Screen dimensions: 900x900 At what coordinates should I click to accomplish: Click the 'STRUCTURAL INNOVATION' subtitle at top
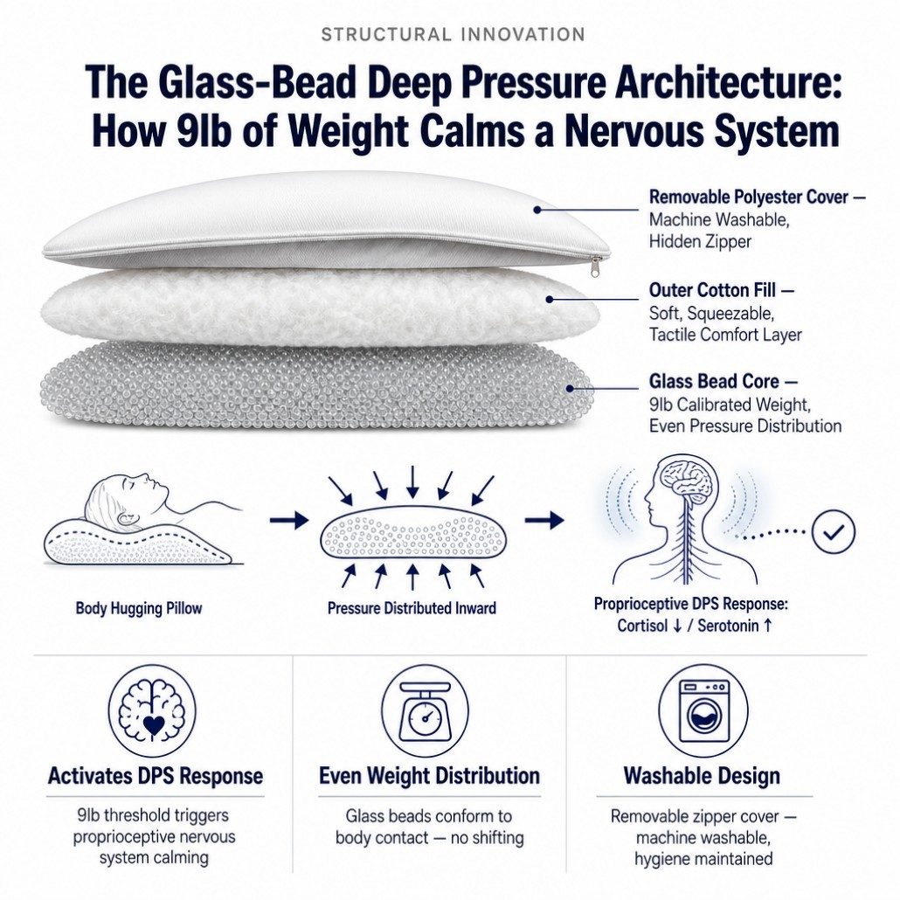click(x=453, y=34)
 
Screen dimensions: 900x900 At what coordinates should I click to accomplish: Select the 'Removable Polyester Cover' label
click(x=749, y=197)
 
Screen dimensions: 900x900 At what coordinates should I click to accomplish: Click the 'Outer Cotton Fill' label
click(x=712, y=290)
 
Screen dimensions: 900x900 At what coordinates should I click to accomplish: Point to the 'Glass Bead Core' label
click(x=714, y=381)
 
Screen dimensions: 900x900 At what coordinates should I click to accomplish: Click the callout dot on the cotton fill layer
click(x=550, y=299)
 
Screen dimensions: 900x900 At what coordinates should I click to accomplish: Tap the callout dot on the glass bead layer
click(x=570, y=389)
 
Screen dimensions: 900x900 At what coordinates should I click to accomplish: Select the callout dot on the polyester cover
click(x=537, y=210)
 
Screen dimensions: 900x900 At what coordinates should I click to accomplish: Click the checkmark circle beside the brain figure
click(x=834, y=531)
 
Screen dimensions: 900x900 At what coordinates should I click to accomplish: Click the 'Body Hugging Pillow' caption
click(x=139, y=608)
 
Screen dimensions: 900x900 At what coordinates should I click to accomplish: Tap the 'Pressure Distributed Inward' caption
click(x=412, y=608)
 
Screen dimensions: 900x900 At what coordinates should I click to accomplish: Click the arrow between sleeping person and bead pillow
click(x=288, y=521)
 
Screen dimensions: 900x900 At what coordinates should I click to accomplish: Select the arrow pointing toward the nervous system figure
click(x=544, y=521)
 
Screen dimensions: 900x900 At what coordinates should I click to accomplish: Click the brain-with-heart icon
click(x=152, y=710)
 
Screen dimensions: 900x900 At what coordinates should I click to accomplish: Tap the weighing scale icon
click(x=426, y=710)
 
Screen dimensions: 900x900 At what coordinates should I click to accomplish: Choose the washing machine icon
click(x=703, y=710)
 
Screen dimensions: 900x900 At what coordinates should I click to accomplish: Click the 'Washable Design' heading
click(x=702, y=775)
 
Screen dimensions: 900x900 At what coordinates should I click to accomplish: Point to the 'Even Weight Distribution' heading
click(x=429, y=775)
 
